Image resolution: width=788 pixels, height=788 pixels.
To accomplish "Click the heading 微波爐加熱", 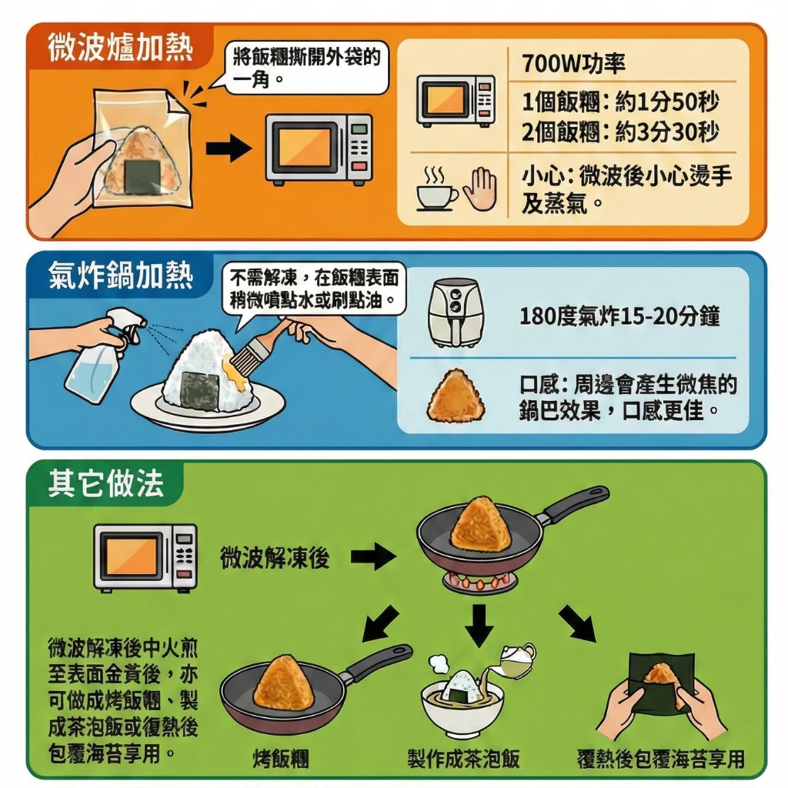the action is (x=121, y=48).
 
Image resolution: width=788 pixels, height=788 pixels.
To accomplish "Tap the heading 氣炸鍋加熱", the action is (x=121, y=275).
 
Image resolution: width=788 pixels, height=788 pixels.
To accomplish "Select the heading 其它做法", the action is (x=106, y=483).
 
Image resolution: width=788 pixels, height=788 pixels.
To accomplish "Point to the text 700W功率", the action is (x=573, y=64).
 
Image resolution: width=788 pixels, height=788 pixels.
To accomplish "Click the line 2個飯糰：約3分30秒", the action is (x=620, y=132).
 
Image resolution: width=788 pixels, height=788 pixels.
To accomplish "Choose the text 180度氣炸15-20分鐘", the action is (x=619, y=316).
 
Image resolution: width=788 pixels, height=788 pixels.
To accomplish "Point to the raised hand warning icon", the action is (x=479, y=189).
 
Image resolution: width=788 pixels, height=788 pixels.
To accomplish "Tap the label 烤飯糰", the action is (x=281, y=758).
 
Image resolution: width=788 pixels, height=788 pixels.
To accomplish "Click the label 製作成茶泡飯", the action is (x=463, y=758).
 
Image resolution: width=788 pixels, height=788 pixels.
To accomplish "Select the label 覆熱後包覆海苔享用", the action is (x=660, y=758).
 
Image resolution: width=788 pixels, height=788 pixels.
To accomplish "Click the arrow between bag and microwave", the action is (x=229, y=148).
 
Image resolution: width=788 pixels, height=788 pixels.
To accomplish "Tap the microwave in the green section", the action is (x=145, y=557).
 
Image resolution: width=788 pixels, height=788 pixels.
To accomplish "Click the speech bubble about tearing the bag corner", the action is (x=306, y=68).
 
